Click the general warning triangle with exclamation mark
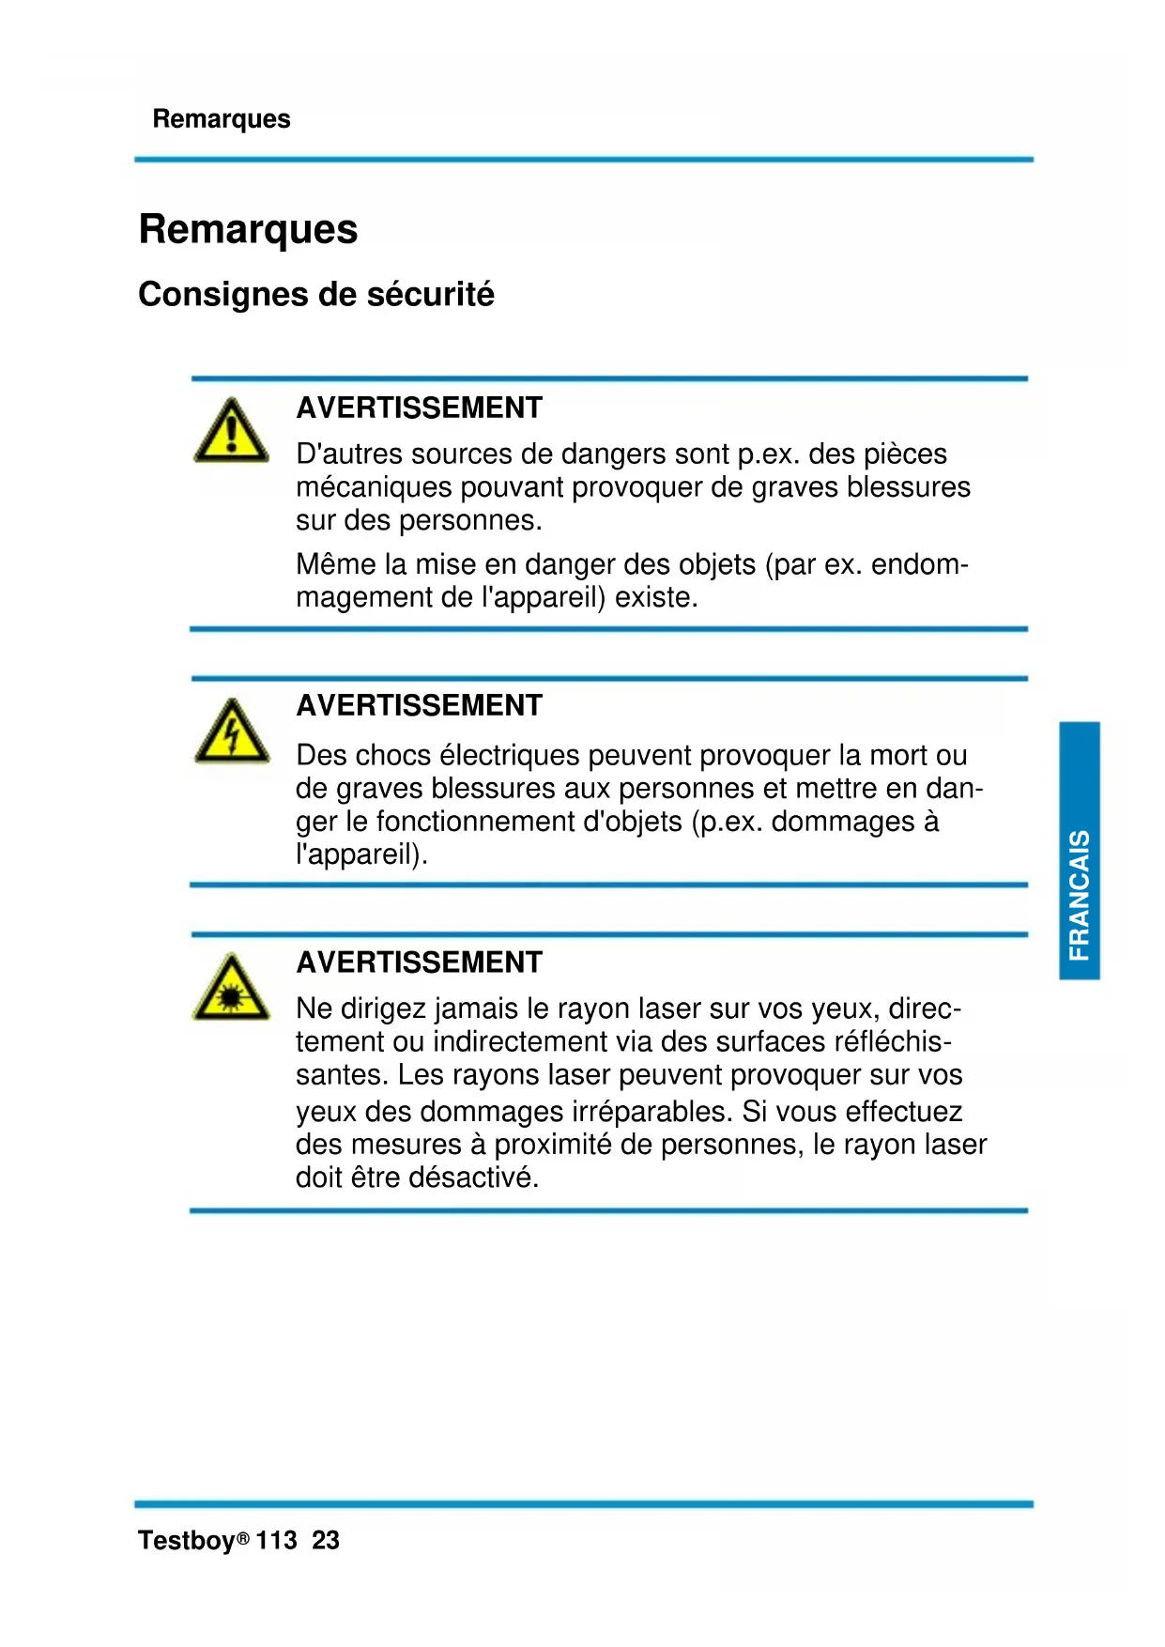231,432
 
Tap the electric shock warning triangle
231,732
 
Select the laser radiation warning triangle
231,989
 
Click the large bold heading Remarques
248,229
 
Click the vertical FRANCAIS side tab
1080,851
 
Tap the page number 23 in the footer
326,1541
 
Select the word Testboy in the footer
186,1541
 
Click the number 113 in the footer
276,1541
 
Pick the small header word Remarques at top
222,119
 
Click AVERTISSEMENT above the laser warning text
419,962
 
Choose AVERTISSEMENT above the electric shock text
419,706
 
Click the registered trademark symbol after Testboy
243,1539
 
